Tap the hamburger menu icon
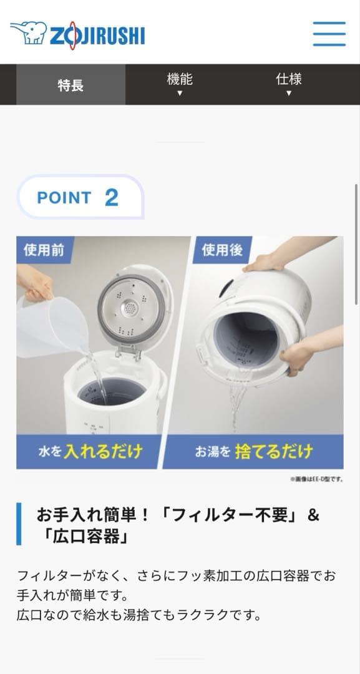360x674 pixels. point(329,34)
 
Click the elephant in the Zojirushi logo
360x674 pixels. point(28,32)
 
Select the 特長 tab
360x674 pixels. point(71,85)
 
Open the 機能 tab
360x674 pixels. point(180,84)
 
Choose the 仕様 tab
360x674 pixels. point(289,84)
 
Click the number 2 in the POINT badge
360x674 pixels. point(111,198)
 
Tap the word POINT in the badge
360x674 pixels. point(64,198)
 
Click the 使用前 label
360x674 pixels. point(44,250)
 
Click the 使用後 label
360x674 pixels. point(222,250)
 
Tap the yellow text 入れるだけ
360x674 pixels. point(103,452)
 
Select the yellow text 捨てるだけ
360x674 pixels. point(274,452)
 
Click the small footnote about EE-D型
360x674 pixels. point(316,479)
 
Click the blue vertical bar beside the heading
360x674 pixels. point(19,524)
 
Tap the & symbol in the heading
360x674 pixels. point(314,515)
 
